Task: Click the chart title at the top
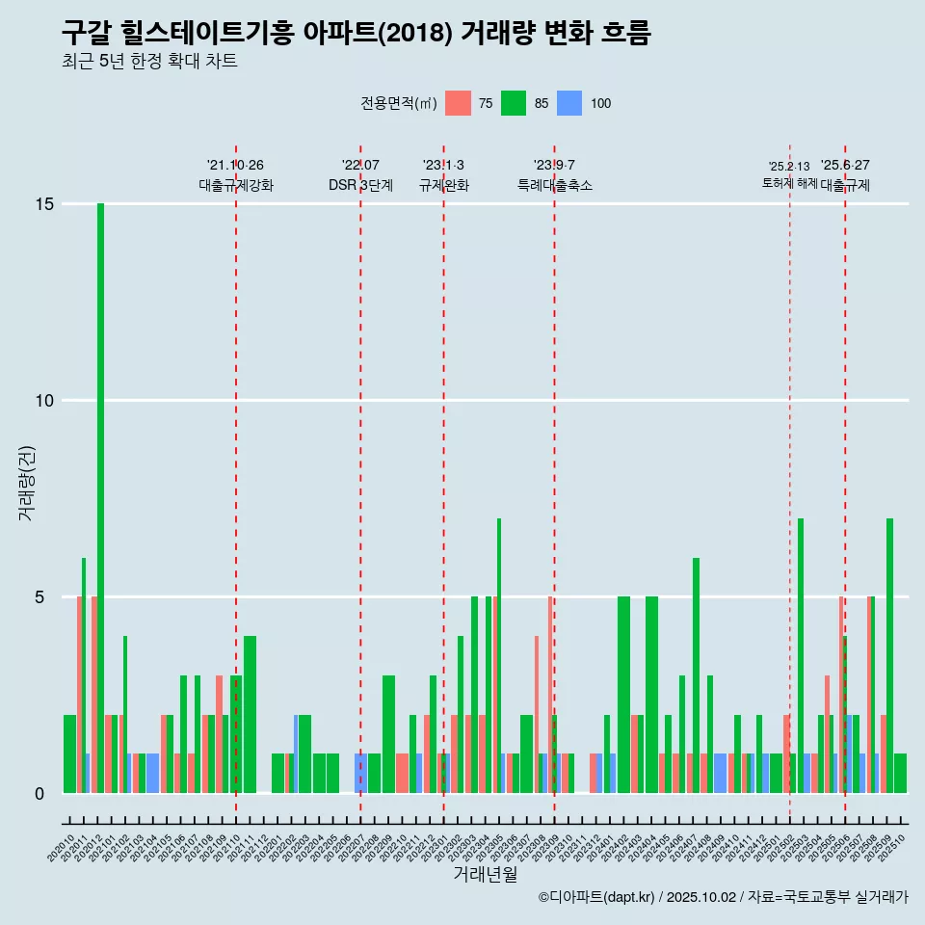(356, 33)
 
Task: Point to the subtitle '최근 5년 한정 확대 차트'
(149, 62)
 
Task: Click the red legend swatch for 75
(459, 103)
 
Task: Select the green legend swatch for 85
(514, 103)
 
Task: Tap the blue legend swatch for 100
(569, 103)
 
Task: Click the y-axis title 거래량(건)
(26, 483)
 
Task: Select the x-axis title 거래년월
(486, 875)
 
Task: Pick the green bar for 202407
(696, 675)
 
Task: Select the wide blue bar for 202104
(152, 774)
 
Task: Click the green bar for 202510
(900, 774)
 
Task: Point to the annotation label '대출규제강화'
(236, 185)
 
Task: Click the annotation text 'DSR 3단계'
(360, 185)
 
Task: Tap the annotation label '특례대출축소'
(554, 185)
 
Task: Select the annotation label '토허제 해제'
(789, 183)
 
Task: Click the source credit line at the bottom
(723, 897)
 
